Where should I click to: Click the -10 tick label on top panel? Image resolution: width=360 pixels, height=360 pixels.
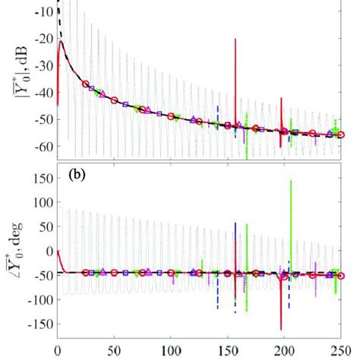tap(41, 11)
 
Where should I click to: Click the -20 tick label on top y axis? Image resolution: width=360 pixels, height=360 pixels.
tap(41, 38)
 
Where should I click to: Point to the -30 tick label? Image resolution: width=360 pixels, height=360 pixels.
tap(41, 65)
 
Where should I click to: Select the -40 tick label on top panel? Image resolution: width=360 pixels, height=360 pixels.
tap(41, 93)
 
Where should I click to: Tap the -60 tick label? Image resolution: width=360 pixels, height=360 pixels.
tap(41, 146)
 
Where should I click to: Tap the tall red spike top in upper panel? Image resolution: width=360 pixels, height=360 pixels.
tap(235, 39)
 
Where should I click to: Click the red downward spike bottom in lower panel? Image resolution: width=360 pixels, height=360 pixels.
tap(281, 330)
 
